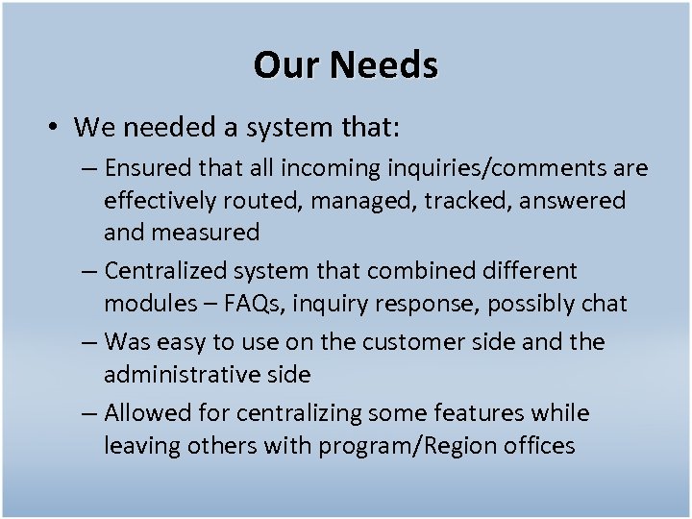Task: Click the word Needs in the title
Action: pos(384,65)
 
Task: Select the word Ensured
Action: pos(145,169)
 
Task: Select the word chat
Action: pos(604,304)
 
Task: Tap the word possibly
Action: pos(526,304)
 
